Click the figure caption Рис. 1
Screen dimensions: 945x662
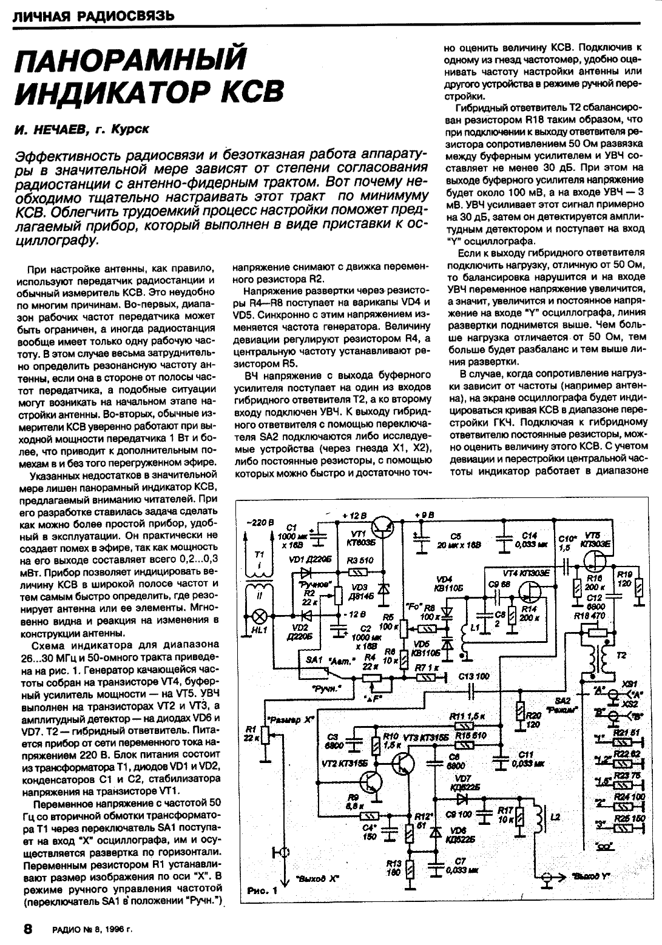click(x=262, y=891)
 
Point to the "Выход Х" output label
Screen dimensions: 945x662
click(x=315, y=878)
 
